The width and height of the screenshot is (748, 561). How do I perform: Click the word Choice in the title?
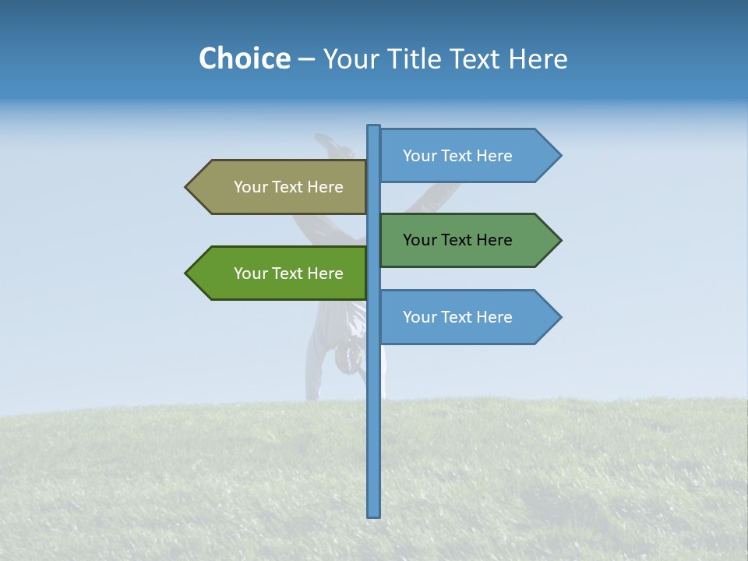[x=244, y=58]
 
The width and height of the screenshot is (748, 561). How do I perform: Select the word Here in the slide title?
[x=538, y=58]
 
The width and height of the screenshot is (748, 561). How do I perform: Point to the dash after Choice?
[x=306, y=59]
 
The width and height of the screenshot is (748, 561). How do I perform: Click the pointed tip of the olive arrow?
[x=186, y=187]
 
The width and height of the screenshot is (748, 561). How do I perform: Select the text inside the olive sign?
[x=288, y=187]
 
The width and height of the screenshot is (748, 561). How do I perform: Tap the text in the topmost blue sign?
[x=457, y=156]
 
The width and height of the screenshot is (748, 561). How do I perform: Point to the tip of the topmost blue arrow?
[x=560, y=156]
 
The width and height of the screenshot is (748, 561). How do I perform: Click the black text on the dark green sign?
[x=457, y=240]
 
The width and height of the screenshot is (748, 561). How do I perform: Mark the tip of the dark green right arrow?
[x=560, y=240]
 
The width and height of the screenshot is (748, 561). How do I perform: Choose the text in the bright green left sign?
[x=288, y=273]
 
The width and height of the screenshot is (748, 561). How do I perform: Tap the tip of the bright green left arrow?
[x=186, y=273]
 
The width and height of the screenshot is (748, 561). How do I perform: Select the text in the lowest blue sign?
[x=457, y=317]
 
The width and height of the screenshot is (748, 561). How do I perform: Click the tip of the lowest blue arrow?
[x=560, y=317]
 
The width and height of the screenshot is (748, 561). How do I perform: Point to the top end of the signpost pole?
[x=374, y=127]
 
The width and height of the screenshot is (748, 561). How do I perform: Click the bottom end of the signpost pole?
[x=374, y=515]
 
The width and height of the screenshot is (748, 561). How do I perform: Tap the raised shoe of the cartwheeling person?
[x=326, y=141]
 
